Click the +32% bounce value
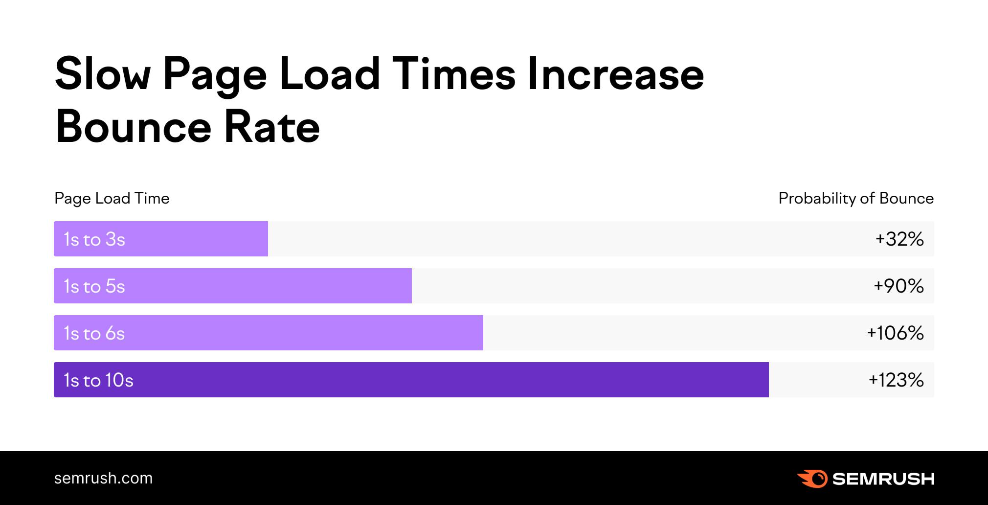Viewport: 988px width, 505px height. pyautogui.click(x=899, y=239)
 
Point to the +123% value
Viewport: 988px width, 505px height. pyautogui.click(x=896, y=380)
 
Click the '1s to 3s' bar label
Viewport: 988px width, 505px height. pyautogui.click(x=94, y=239)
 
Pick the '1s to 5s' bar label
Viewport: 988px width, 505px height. pyautogui.click(x=94, y=286)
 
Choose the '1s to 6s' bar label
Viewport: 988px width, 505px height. pyautogui.click(x=94, y=333)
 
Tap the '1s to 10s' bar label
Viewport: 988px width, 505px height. pyautogui.click(x=98, y=380)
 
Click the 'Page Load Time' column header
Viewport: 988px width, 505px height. pyautogui.click(x=112, y=198)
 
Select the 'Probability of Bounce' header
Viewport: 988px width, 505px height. pyautogui.click(x=856, y=198)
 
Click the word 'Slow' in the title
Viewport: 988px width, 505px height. pyautogui.click(x=103, y=74)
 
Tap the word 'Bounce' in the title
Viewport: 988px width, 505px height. pyautogui.click(x=134, y=127)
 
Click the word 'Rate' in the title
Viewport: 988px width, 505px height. pyautogui.click(x=272, y=127)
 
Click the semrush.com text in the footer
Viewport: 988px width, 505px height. pyautogui.click(x=103, y=478)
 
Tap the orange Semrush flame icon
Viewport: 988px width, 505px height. pyautogui.click(x=812, y=479)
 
